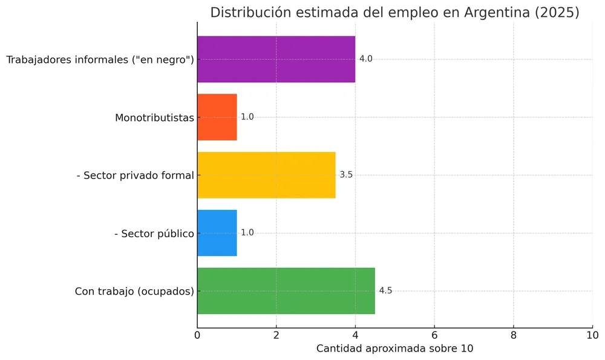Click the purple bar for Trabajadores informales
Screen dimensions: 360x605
coord(276,59)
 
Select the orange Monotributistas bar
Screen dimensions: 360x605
coord(217,117)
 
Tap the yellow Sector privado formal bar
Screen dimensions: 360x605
coord(266,175)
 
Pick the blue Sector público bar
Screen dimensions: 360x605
coord(217,233)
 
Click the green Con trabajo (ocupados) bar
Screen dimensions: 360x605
coord(286,291)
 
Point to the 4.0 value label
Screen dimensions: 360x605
coord(365,59)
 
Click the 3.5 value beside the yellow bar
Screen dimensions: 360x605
coord(346,175)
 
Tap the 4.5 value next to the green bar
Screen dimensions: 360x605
coord(385,291)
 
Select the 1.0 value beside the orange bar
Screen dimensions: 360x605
coord(247,117)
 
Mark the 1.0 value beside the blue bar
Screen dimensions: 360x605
coord(247,233)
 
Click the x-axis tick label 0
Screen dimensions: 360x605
coord(197,335)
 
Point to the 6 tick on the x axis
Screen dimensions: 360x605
coord(434,335)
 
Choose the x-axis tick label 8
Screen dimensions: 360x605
coord(513,335)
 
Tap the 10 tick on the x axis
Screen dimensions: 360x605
coord(592,335)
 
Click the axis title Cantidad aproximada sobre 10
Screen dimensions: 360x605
coord(394,349)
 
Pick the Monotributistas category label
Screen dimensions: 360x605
coord(154,117)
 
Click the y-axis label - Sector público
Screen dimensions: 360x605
coord(154,233)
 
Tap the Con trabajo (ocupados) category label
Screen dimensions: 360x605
coord(134,291)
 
